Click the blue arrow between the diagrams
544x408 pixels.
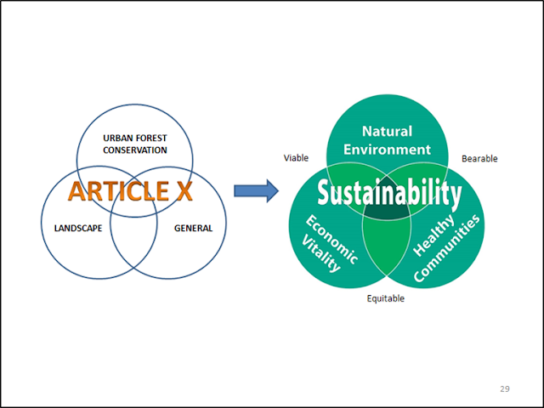tap(256, 190)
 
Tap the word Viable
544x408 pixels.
tap(296, 158)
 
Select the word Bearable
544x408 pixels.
tap(479, 158)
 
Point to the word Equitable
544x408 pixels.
tap(385, 298)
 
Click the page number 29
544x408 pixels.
tap(505, 388)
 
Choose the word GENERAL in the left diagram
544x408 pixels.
tap(194, 228)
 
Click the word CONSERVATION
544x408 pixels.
tap(135, 150)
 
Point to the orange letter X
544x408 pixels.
tap(184, 190)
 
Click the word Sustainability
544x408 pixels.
tap(388, 194)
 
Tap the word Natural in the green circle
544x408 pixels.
tap(387, 132)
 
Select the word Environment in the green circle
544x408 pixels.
tap(387, 150)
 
